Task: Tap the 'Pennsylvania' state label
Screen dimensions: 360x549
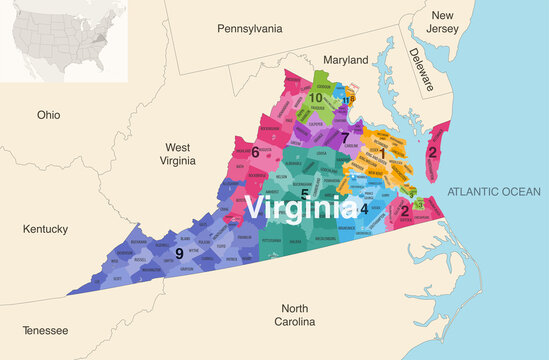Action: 251,30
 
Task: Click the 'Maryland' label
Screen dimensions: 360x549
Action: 346,60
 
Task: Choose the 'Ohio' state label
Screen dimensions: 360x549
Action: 49,115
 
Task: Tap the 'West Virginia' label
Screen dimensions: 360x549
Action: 177,153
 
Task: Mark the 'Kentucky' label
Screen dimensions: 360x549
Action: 45,229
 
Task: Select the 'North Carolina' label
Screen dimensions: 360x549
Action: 296,315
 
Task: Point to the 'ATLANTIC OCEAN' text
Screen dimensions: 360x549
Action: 493,191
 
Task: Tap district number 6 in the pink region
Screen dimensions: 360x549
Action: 255,152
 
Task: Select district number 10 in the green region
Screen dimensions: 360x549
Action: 315,97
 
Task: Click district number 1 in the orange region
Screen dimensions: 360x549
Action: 380,152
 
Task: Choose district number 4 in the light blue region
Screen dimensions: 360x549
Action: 364,208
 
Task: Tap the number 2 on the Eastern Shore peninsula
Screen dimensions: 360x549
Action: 432,152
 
